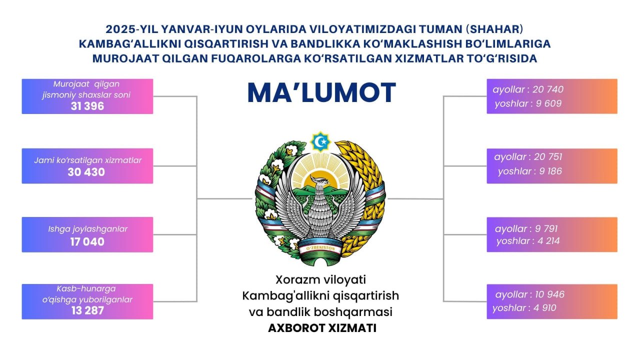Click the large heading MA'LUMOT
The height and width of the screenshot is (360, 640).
pos(321,92)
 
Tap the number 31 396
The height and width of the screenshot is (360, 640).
pos(87,106)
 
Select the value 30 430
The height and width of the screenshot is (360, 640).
pos(86,172)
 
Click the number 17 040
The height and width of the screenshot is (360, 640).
pos(87,242)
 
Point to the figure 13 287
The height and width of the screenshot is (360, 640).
pos(87,310)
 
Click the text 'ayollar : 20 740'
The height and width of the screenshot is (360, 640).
pos(528,89)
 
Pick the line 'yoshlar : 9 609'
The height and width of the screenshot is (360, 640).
pos(528,103)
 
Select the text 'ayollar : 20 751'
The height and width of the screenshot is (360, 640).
pos(528,157)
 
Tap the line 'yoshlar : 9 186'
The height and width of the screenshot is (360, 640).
pos(529,171)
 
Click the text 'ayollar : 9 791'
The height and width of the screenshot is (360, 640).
pos(526,228)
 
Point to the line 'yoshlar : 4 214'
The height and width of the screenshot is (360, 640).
pos(528,241)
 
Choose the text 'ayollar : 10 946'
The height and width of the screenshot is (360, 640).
pos(530,294)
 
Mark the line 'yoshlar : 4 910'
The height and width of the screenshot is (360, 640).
pos(524,308)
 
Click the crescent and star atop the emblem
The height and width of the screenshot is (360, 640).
pos(320,141)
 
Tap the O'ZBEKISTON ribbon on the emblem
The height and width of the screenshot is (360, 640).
pos(320,248)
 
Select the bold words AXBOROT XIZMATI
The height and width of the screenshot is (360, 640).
pos(322,328)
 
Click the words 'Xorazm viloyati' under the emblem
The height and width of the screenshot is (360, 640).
pos(320,279)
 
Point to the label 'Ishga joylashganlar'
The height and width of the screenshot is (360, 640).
pos(87,229)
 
